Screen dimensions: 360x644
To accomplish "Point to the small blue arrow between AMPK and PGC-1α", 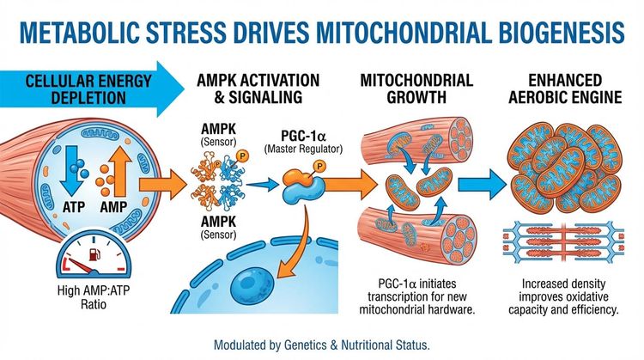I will click(x=269, y=183).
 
